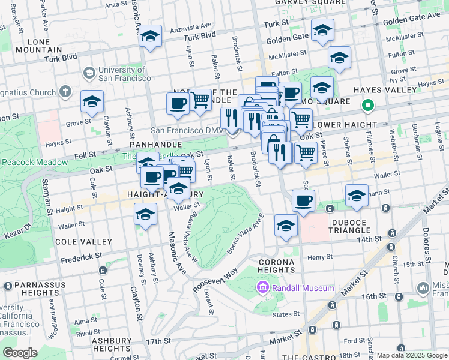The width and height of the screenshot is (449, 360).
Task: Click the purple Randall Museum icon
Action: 262,289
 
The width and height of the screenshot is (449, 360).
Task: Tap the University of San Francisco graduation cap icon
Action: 89,73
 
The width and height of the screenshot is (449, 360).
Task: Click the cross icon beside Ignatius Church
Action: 66,92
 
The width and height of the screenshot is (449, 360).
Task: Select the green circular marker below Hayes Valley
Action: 367,106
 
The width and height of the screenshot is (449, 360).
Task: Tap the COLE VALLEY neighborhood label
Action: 83,242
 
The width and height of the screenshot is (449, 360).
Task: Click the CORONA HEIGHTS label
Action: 276,266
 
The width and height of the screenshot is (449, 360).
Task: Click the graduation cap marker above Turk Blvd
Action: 150,37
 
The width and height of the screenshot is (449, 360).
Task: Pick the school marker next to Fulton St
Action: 339,59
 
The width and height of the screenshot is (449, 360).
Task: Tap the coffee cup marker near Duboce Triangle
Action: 304,201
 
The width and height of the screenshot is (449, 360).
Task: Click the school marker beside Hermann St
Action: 357,196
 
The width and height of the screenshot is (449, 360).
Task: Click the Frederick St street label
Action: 81,257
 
